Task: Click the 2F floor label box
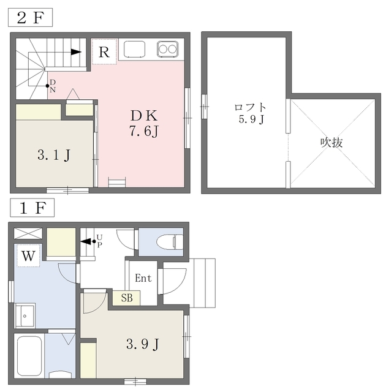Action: click(30, 17)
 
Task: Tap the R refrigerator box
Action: click(104, 51)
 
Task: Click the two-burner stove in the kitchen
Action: click(168, 49)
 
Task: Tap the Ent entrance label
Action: click(143, 278)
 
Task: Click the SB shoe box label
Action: click(127, 298)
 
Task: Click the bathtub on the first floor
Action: click(28, 357)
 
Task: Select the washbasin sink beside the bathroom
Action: click(25, 315)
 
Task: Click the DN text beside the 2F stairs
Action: click(53, 85)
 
